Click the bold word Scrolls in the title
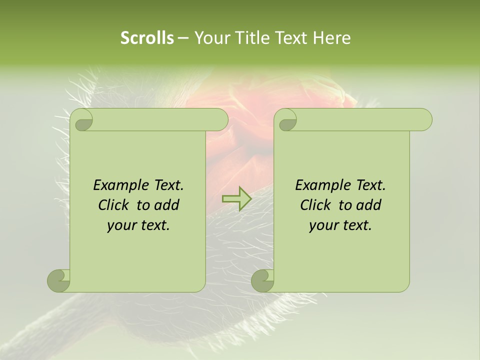coord(147,38)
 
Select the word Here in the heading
coord(331,38)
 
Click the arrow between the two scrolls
coord(236,198)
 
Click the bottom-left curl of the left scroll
coord(58,280)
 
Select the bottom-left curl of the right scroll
coord(262,280)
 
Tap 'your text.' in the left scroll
coord(138,225)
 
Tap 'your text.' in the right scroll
coord(340,225)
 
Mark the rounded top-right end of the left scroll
coord(220,120)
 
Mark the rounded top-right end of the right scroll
coord(424,120)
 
